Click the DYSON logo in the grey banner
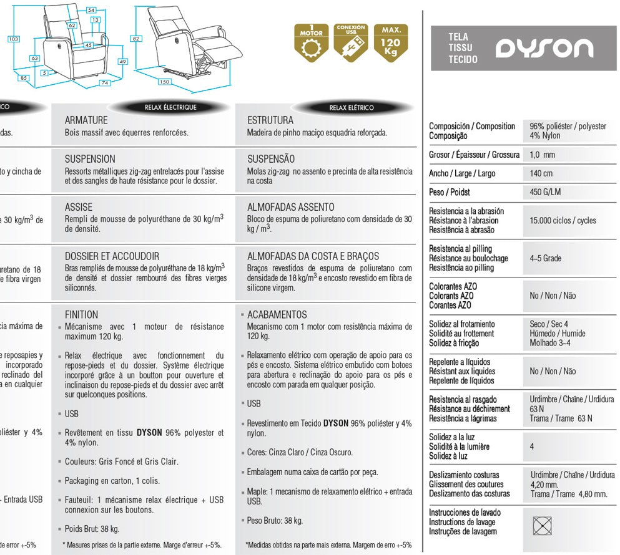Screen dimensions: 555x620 [x=544, y=49]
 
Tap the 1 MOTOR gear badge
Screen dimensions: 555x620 [x=311, y=42]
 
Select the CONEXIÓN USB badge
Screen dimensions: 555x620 [x=351, y=42]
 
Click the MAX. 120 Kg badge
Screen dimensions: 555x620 [x=391, y=42]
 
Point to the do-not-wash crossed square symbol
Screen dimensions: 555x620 [x=541, y=526]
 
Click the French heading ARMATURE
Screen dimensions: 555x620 [x=86, y=120]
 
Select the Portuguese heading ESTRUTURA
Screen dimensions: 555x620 [x=270, y=120]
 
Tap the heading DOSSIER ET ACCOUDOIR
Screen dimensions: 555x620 [x=112, y=256]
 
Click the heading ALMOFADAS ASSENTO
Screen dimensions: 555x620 [x=291, y=207]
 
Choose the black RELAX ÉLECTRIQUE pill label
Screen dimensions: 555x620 [x=170, y=107]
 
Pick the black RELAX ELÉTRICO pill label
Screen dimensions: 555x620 [x=352, y=107]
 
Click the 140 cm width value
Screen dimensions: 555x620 [x=541, y=173]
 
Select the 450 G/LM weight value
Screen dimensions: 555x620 [x=545, y=192]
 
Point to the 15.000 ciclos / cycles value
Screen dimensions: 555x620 [x=563, y=221]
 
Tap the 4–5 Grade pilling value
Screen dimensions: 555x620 [x=545, y=258]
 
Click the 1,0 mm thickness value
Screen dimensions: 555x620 [x=542, y=155]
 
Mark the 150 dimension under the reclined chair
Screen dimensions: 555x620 [x=165, y=82]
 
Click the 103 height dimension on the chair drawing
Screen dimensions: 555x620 [x=13, y=39]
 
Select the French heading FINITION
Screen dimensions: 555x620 [x=81, y=315]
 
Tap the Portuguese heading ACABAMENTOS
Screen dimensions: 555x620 [x=277, y=315]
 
